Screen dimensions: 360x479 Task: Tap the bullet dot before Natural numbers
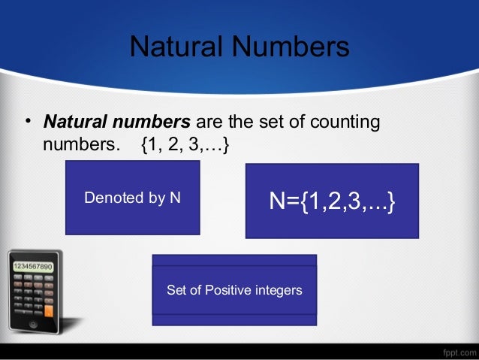pos(27,122)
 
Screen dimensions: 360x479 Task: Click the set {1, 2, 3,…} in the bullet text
pos(185,144)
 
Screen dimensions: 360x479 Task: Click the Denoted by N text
pos(132,198)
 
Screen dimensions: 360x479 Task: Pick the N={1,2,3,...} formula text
pos(332,201)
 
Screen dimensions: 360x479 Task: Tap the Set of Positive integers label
pos(234,290)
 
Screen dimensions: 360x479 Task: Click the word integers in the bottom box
pos(277,290)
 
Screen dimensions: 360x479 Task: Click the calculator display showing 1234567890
pos(32,267)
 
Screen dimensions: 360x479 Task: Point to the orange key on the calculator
pos(49,310)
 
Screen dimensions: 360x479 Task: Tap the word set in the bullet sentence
pos(260,122)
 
